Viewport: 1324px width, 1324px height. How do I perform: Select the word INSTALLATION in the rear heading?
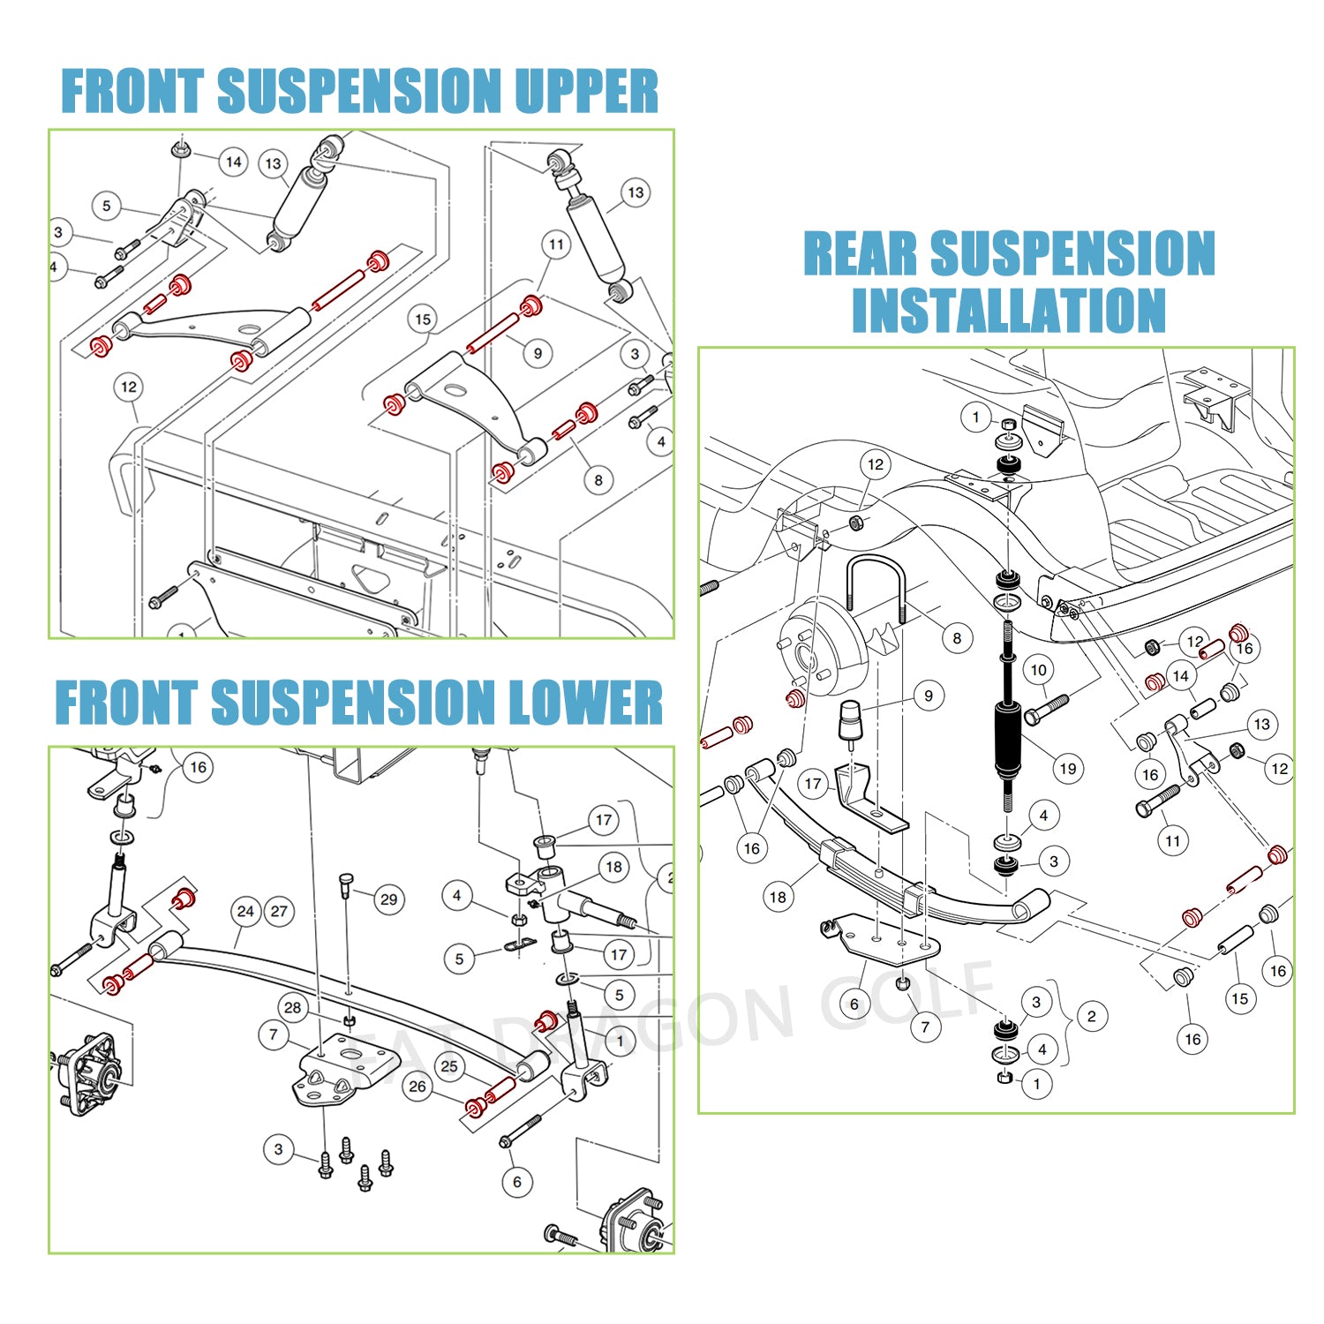point(1008,310)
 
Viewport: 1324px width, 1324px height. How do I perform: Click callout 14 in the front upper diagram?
point(233,162)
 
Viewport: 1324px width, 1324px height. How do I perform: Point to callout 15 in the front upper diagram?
point(423,320)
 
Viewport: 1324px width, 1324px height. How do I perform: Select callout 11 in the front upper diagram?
point(556,244)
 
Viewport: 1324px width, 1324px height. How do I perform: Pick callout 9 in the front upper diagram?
point(538,353)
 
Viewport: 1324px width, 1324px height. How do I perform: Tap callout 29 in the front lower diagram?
point(388,899)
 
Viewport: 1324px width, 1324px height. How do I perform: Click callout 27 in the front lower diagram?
point(279,911)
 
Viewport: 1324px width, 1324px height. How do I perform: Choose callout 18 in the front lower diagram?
point(613,867)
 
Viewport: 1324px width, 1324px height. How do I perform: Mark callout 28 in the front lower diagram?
point(292,1007)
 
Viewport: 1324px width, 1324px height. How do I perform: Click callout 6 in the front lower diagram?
point(517,1181)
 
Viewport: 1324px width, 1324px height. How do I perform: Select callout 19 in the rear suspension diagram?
point(1067,768)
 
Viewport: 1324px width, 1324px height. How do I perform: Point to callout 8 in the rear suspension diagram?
point(957,637)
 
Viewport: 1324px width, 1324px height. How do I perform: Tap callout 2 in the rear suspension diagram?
point(1092,1016)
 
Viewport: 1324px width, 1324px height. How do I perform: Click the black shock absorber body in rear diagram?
point(1007,737)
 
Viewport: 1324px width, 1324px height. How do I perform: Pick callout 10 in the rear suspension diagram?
point(1038,670)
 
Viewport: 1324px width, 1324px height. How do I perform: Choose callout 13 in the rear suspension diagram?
point(1261,725)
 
